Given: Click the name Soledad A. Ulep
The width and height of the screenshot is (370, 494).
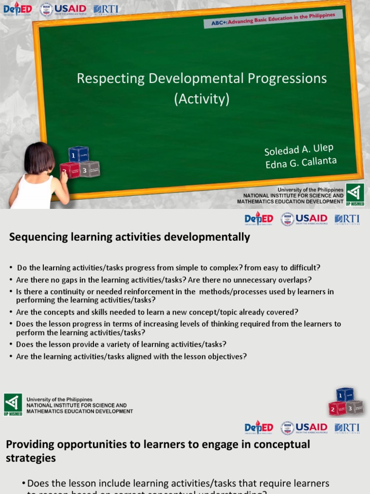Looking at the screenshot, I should pos(298,149).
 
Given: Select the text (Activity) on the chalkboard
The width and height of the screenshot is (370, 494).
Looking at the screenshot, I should pos(201,99).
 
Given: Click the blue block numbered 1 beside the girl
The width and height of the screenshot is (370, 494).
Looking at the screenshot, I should pos(78,154).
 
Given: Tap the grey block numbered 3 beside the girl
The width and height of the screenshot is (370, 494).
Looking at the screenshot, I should pos(89,169).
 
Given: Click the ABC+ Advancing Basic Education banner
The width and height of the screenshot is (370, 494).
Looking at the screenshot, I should pos(273,19).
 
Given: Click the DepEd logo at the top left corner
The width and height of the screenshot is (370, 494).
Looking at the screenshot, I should pos(17,9).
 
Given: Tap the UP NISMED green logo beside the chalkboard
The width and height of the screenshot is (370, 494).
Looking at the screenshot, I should pos(355,194).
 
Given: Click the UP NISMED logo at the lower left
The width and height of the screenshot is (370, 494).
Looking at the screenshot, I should pos(13,405).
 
